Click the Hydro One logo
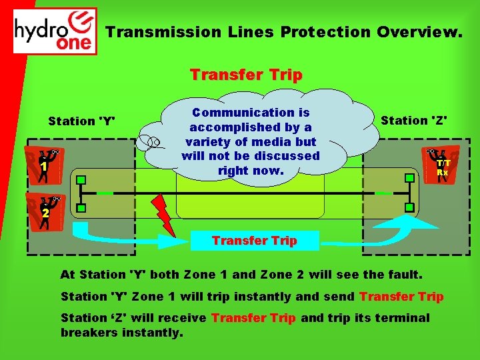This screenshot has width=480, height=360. click(55, 31)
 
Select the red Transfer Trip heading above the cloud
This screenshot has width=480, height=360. click(246, 75)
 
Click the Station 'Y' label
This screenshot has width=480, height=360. click(81, 121)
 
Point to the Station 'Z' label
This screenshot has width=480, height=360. click(414, 121)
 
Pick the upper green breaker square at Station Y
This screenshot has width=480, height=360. click(81, 180)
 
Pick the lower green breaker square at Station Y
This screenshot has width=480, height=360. click(81, 209)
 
